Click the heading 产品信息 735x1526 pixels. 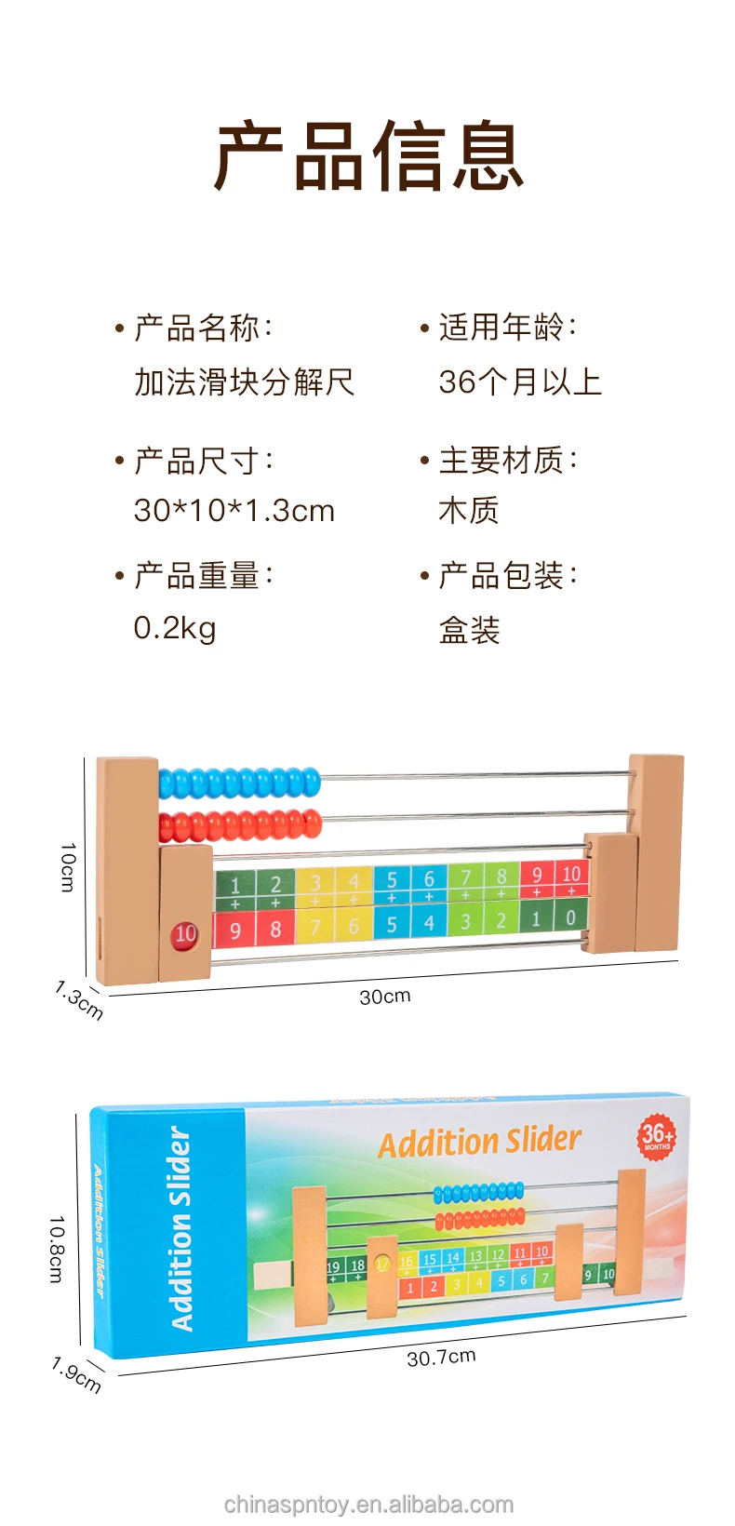(x=369, y=156)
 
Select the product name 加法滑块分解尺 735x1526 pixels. (x=244, y=381)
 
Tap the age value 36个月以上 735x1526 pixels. (x=520, y=381)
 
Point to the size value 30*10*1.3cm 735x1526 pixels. (x=234, y=510)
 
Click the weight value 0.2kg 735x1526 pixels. (x=175, y=628)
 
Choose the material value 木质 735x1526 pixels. (x=469, y=510)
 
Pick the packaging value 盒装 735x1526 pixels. (x=469, y=630)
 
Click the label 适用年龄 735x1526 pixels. (x=501, y=328)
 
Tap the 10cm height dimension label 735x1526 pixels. (x=67, y=867)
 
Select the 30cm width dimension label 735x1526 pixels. (x=384, y=997)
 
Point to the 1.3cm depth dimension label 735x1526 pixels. (x=78, y=999)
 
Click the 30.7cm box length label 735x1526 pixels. (x=441, y=1357)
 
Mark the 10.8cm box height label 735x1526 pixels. (x=57, y=1249)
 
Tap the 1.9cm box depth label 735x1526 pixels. (x=75, y=1375)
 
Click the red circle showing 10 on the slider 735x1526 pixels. (x=185, y=933)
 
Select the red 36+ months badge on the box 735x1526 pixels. (x=657, y=1136)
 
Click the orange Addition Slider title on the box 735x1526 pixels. (x=479, y=1142)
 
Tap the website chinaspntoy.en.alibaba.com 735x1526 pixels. (x=368, y=1505)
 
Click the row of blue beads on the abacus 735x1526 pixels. (x=240, y=783)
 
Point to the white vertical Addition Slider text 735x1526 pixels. (x=180, y=1228)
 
